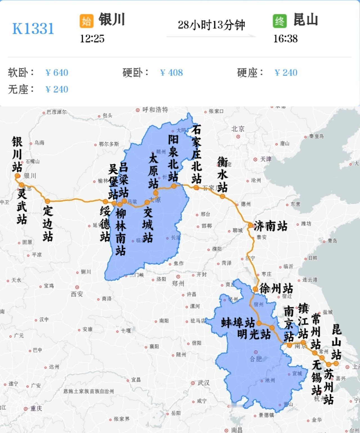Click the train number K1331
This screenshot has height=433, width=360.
[33, 28]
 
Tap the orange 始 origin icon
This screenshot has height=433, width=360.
[86, 21]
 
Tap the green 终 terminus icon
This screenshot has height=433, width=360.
[280, 21]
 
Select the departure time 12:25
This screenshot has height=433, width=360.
[92, 39]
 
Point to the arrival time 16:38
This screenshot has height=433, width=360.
[285, 39]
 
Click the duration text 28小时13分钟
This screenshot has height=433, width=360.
[211, 25]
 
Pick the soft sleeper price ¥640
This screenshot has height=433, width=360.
[57, 73]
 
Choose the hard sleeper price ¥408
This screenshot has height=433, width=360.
[171, 73]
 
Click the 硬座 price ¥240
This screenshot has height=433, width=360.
[286, 73]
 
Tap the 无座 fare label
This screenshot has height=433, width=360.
[21, 89]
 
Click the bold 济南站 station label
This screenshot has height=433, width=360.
[271, 226]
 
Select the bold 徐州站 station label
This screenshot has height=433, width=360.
[276, 289]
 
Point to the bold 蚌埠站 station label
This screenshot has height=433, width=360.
[238, 323]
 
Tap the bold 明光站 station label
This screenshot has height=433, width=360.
[254, 334]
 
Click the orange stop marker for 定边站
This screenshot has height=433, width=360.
[48, 201]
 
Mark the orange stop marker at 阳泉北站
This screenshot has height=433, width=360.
[174, 186]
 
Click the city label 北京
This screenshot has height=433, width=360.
[238, 129]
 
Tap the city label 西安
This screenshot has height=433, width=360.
[77, 294]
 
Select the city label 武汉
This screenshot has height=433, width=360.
[203, 383]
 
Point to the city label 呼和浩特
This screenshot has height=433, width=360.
[155, 110]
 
